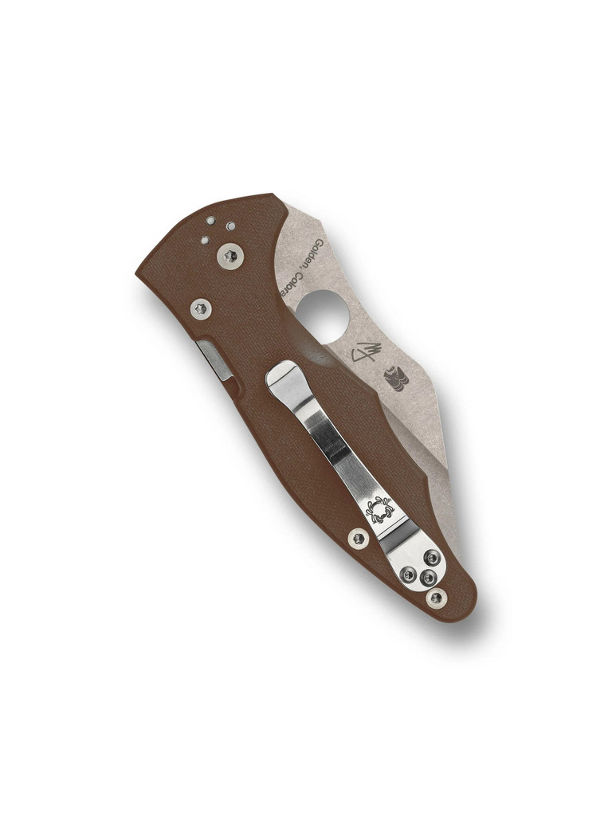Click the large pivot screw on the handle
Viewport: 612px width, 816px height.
[x=230, y=256]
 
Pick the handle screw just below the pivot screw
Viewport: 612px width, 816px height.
[x=202, y=307]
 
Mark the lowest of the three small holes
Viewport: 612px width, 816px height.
[x=205, y=239]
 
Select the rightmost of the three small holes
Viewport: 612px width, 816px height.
[x=230, y=226]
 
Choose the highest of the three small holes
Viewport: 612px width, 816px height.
[x=211, y=220]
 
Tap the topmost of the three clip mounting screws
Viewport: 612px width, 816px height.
[x=430, y=558]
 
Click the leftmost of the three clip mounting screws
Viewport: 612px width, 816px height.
[x=408, y=573]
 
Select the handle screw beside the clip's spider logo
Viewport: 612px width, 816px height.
[x=359, y=539]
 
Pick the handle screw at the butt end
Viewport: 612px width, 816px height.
[x=435, y=597]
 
